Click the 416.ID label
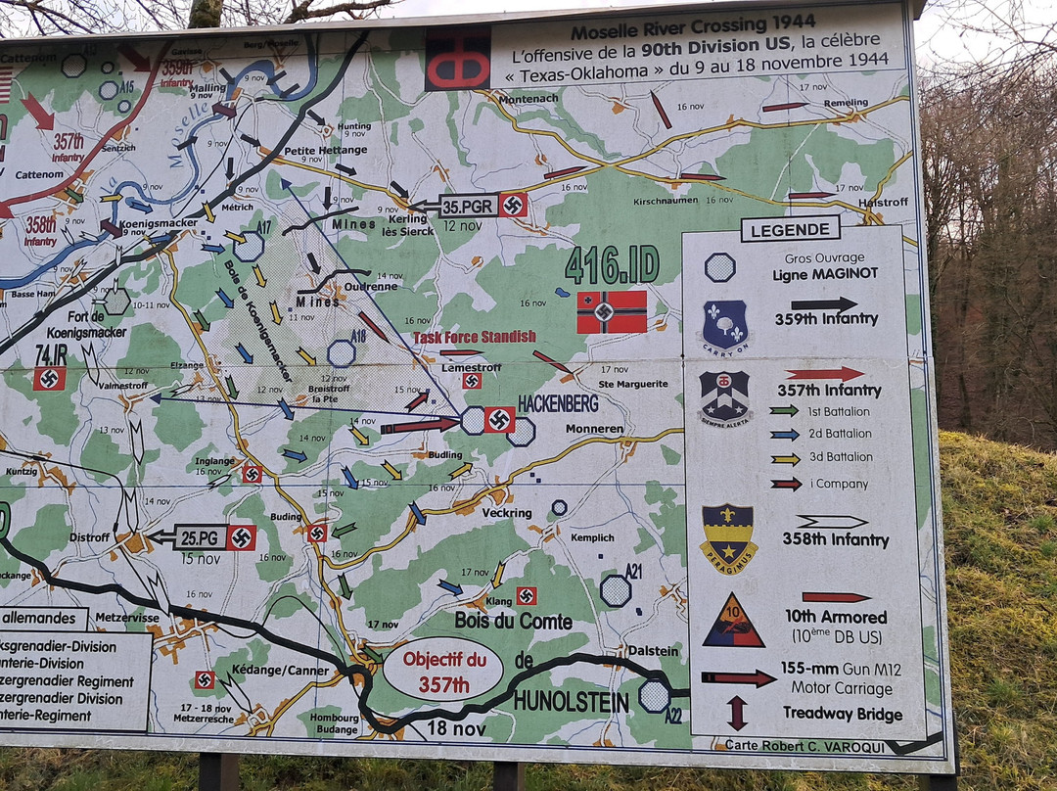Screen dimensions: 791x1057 (612, 265)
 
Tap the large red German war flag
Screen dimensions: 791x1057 (612, 311)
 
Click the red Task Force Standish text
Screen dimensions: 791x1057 (475, 337)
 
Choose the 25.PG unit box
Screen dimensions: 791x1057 (200, 537)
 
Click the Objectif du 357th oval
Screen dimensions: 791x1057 (442, 669)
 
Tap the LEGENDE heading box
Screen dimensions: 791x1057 (790, 229)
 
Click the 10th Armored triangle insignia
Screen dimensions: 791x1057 (733, 621)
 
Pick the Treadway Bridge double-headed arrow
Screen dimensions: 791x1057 (737, 713)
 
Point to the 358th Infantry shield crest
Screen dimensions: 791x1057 (728, 537)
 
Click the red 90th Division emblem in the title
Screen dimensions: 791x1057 (457, 59)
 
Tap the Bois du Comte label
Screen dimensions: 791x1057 (513, 621)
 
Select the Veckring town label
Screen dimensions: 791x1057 (507, 513)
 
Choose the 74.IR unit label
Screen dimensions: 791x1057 (51, 355)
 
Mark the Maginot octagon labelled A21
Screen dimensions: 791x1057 (616, 590)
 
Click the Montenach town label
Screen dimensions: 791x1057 (528, 99)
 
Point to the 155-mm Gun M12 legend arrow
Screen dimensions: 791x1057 (738, 677)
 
